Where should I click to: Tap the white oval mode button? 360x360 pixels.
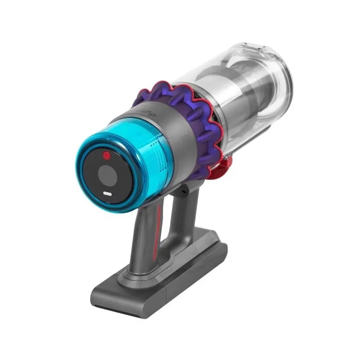point(107,193)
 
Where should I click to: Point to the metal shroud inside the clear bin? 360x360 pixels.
point(230,101)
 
